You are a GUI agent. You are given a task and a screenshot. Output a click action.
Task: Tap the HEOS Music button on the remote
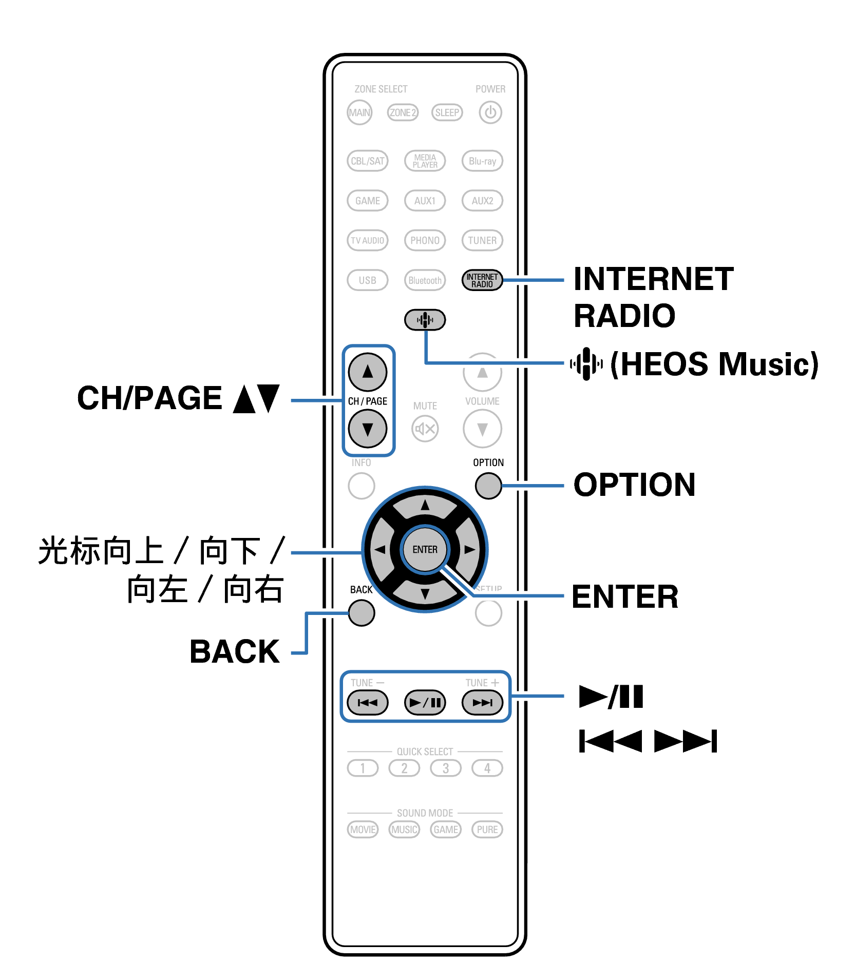tap(425, 320)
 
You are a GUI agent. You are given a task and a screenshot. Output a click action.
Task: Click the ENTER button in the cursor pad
tap(425, 549)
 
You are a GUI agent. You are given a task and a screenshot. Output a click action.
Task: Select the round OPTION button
tap(488, 486)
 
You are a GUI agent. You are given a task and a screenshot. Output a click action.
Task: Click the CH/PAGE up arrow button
tap(368, 372)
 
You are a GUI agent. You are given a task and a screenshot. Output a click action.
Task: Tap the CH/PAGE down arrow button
tap(368, 429)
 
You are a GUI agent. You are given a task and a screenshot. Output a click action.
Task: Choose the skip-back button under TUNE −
tap(368, 702)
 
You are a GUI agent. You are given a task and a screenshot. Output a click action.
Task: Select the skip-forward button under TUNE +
tap(482, 702)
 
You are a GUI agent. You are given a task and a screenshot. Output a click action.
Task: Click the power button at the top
tap(490, 112)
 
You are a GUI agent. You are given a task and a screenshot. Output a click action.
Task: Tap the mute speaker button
tap(425, 429)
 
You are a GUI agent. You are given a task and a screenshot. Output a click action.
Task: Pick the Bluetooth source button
tap(425, 280)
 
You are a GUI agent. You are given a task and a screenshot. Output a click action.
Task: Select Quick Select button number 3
tap(446, 768)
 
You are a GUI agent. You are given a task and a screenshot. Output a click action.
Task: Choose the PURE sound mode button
tap(487, 830)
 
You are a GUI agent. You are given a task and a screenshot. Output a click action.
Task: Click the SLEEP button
tap(447, 112)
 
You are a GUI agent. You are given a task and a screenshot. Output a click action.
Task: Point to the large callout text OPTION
tap(634, 485)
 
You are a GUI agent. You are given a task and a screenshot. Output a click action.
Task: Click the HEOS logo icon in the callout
tap(586, 364)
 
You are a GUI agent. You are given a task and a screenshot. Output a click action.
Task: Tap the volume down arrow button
tap(482, 429)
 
